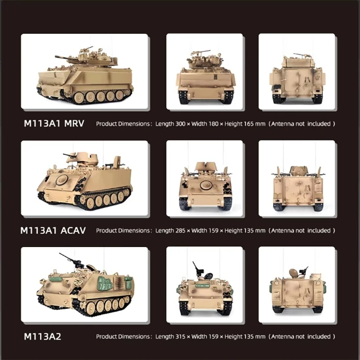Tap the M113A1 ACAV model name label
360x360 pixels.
(x=53, y=230)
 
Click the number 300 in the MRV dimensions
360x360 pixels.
(x=181, y=123)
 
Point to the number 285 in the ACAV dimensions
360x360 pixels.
(x=181, y=230)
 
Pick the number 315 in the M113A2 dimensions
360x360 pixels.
(x=181, y=337)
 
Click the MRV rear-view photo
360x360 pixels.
(x=297, y=72)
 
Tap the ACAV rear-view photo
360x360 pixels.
(x=297, y=179)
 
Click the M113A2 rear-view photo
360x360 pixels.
(x=297, y=285)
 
